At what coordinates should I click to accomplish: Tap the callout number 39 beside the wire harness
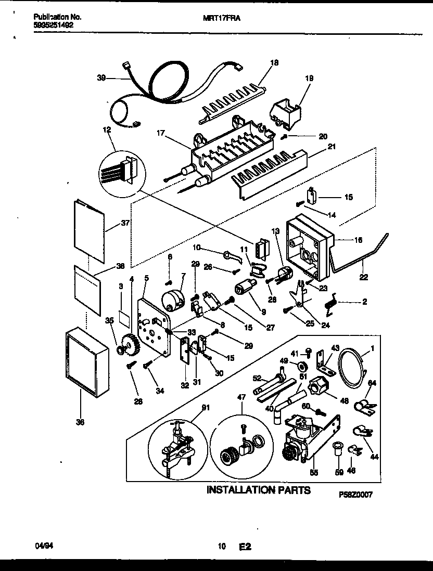[x=101, y=78]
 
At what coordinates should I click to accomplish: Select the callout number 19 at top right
[x=309, y=79]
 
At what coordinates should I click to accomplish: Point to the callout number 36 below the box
[x=80, y=423]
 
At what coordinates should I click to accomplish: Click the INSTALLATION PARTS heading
[x=259, y=490]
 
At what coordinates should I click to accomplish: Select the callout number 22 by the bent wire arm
[x=363, y=277]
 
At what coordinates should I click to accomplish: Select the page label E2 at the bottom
[x=245, y=547]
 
